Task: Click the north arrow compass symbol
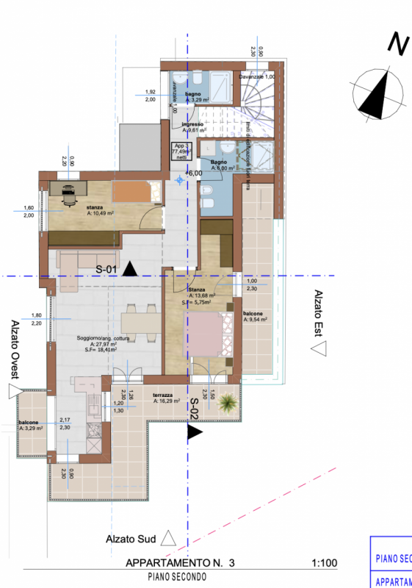click(x=380, y=96)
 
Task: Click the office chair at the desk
click(x=70, y=193)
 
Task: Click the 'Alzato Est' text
click(x=319, y=313)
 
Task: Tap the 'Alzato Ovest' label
click(x=14, y=351)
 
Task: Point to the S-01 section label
click(x=106, y=270)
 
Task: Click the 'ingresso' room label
click(x=192, y=127)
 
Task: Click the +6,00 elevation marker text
click(x=193, y=173)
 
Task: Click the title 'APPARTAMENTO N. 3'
click(x=180, y=564)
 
